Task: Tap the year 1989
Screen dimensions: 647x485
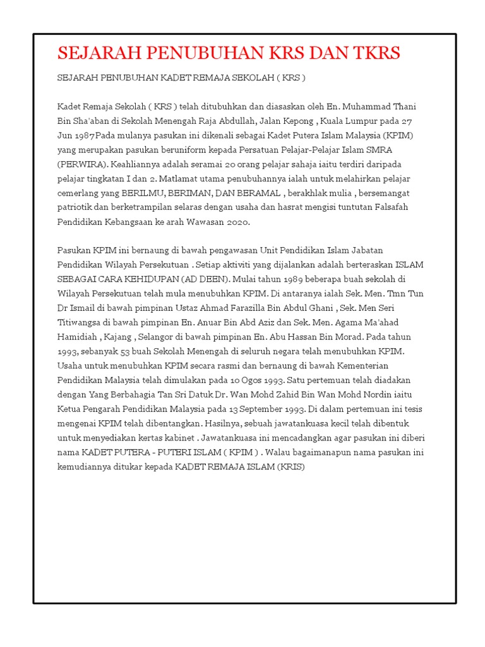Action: click(308, 279)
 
